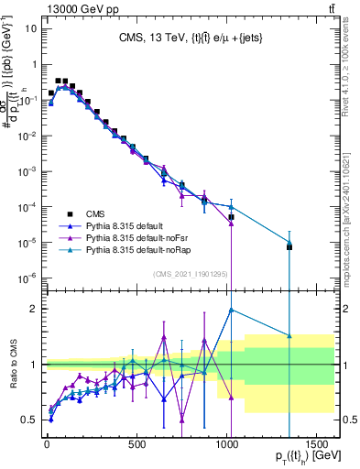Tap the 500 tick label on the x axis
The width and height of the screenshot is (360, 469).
(137, 446)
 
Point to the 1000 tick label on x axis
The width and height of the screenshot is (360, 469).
(228, 446)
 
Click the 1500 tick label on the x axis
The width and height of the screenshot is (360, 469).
(318, 446)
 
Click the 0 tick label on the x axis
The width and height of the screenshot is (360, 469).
(47, 446)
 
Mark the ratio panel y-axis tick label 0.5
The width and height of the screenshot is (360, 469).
(28, 420)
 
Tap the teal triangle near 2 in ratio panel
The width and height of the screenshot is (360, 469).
(232, 310)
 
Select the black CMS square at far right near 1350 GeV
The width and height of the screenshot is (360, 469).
(289, 247)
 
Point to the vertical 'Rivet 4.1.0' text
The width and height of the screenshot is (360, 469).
(353, 55)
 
